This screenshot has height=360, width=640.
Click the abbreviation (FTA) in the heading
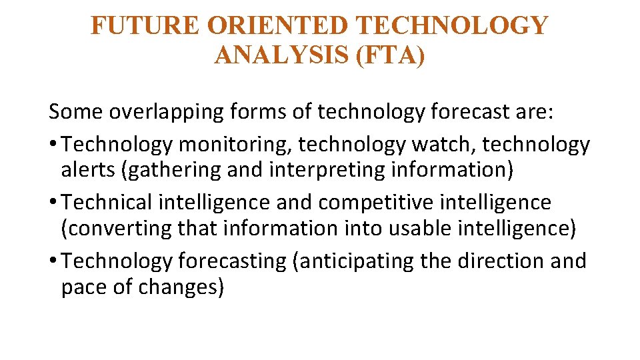pyautogui.click(x=391, y=55)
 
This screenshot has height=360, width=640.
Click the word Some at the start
pyautogui.click(x=75, y=112)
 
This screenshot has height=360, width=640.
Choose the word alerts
pyautogui.click(x=89, y=170)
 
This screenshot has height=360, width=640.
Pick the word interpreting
pyautogui.click(x=327, y=170)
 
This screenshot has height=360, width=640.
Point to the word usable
pyautogui.click(x=407, y=228)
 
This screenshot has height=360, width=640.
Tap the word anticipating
pyautogui.click(x=356, y=260)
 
